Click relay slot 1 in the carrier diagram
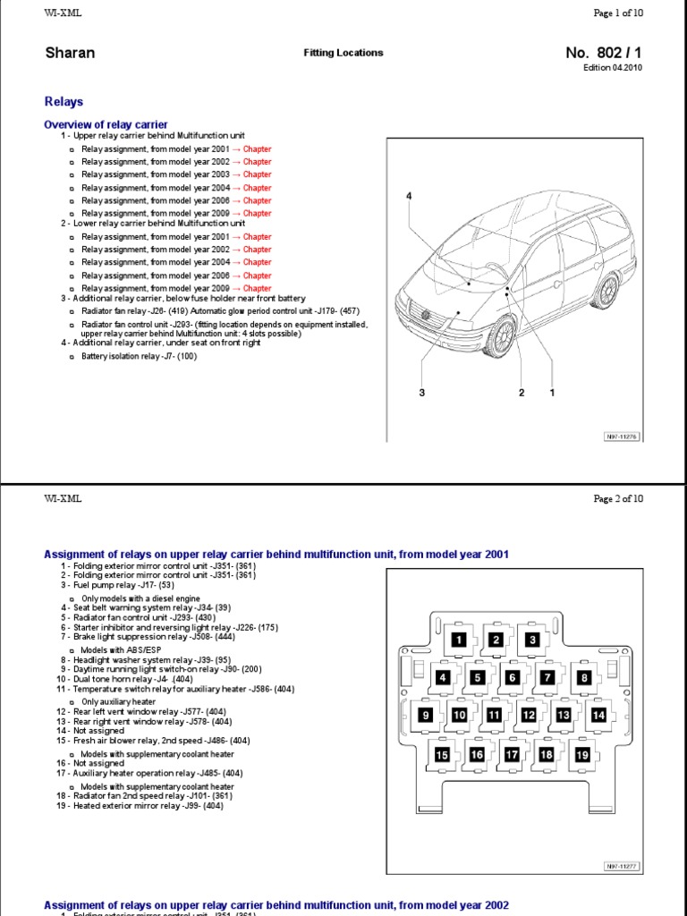[458, 640]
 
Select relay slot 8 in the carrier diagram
[583, 678]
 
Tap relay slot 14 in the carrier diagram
[598, 715]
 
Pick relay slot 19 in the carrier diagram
[582, 755]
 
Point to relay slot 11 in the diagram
[493, 715]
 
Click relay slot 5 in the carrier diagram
[478, 678]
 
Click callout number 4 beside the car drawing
[409, 196]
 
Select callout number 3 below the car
[420, 393]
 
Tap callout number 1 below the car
[552, 393]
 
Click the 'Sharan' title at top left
[70, 53]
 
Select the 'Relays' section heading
[65, 102]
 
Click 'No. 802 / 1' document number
[604, 53]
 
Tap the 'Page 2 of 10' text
[618, 499]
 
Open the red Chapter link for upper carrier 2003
[257, 175]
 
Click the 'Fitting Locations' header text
[343, 53]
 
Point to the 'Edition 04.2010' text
[613, 68]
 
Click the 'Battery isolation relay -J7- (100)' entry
[139, 356]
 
